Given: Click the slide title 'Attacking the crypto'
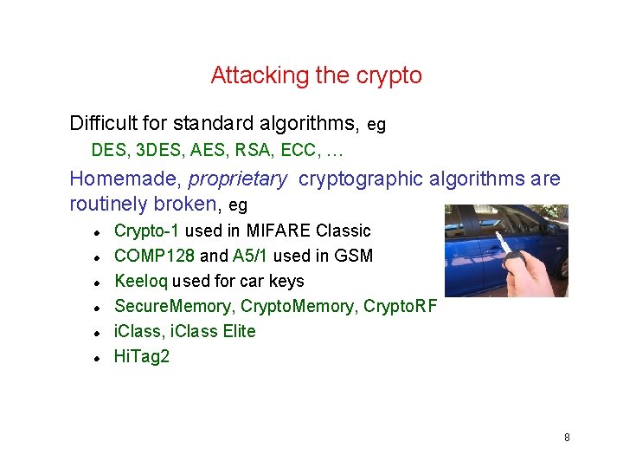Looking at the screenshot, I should tap(316, 75).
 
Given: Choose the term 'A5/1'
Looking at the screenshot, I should tap(251, 256).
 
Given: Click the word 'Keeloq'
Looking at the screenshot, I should tap(141, 281).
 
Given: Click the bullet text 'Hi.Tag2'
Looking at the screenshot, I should tap(142, 356).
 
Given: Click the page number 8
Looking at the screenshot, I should tap(567, 437).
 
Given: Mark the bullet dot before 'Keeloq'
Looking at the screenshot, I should tap(99, 283).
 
